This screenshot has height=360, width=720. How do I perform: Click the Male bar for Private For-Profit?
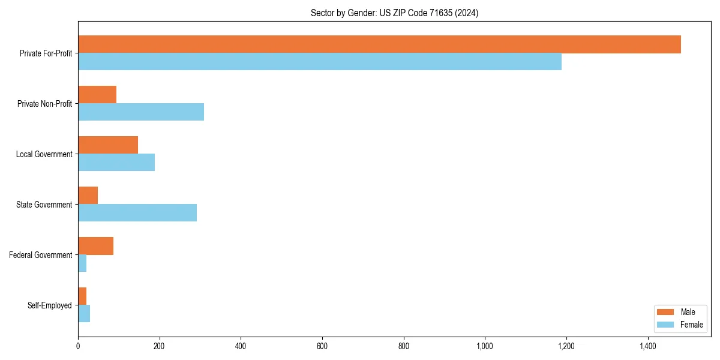point(379,44)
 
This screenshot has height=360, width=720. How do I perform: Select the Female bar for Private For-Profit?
point(320,62)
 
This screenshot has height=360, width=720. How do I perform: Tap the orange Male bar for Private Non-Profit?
point(97,95)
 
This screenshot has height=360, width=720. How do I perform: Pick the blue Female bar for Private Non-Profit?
point(141,112)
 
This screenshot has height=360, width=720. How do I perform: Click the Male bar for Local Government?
point(108,145)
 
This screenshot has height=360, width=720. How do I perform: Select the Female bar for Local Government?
point(116,163)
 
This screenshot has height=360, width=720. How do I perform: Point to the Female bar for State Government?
point(137,213)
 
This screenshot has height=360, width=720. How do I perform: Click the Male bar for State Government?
point(88,196)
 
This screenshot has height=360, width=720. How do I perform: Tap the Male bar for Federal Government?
point(95,246)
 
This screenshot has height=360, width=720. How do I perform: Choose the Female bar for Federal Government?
point(82,263)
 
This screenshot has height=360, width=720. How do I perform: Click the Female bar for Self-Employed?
point(84,314)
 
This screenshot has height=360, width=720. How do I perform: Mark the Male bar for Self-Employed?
point(82,296)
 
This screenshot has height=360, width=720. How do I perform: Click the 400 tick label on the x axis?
point(241,346)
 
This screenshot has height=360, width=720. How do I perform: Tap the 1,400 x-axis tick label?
point(647,346)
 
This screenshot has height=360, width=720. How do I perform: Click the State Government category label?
point(44,205)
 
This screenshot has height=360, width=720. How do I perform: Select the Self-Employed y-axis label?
point(49,305)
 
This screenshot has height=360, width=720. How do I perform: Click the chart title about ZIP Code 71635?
point(394,13)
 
